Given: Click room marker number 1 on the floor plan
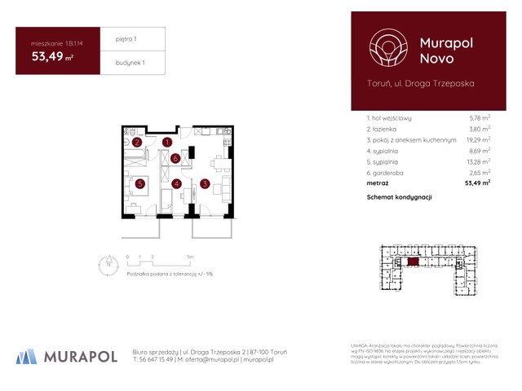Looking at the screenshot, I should (x=167, y=143).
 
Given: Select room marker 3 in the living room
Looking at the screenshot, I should (x=205, y=184).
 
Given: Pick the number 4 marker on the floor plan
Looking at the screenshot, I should (x=176, y=184).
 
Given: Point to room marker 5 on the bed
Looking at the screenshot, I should (x=140, y=184).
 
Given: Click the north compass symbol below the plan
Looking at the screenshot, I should (x=107, y=262).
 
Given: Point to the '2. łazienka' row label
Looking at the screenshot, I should (x=386, y=129).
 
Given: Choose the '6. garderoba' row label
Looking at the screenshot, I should (x=387, y=173).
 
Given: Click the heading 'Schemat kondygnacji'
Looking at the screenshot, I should (x=399, y=197).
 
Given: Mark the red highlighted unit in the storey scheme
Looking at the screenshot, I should (x=414, y=261).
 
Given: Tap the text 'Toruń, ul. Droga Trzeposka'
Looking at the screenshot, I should (x=420, y=83).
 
